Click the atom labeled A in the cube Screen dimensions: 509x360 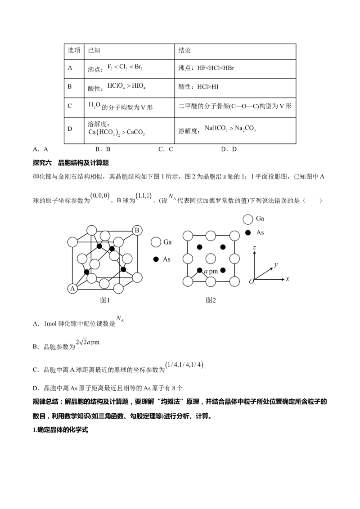[x=72, y=289]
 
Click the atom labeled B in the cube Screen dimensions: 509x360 [x=137, y=231]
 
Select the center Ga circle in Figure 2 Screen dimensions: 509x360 [x=211, y=259]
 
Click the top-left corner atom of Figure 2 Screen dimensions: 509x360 [x=187, y=236]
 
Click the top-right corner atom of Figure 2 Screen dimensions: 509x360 [x=234, y=236]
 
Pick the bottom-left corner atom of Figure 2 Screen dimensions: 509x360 [x=187, y=282]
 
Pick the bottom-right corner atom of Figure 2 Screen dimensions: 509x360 [x=234, y=282]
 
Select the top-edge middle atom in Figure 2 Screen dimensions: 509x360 [x=211, y=236]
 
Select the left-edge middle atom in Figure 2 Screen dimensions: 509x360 [x=187, y=259]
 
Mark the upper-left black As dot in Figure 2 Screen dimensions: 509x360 [x=199, y=247]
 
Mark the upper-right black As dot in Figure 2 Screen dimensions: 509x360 [x=223, y=247]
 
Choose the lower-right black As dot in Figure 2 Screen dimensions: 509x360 [x=223, y=270]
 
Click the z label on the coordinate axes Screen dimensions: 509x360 [x=255, y=248]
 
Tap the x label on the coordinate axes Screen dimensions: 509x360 [x=287, y=279]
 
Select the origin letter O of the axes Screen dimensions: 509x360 [x=251, y=281]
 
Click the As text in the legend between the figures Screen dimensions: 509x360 [x=167, y=259]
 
